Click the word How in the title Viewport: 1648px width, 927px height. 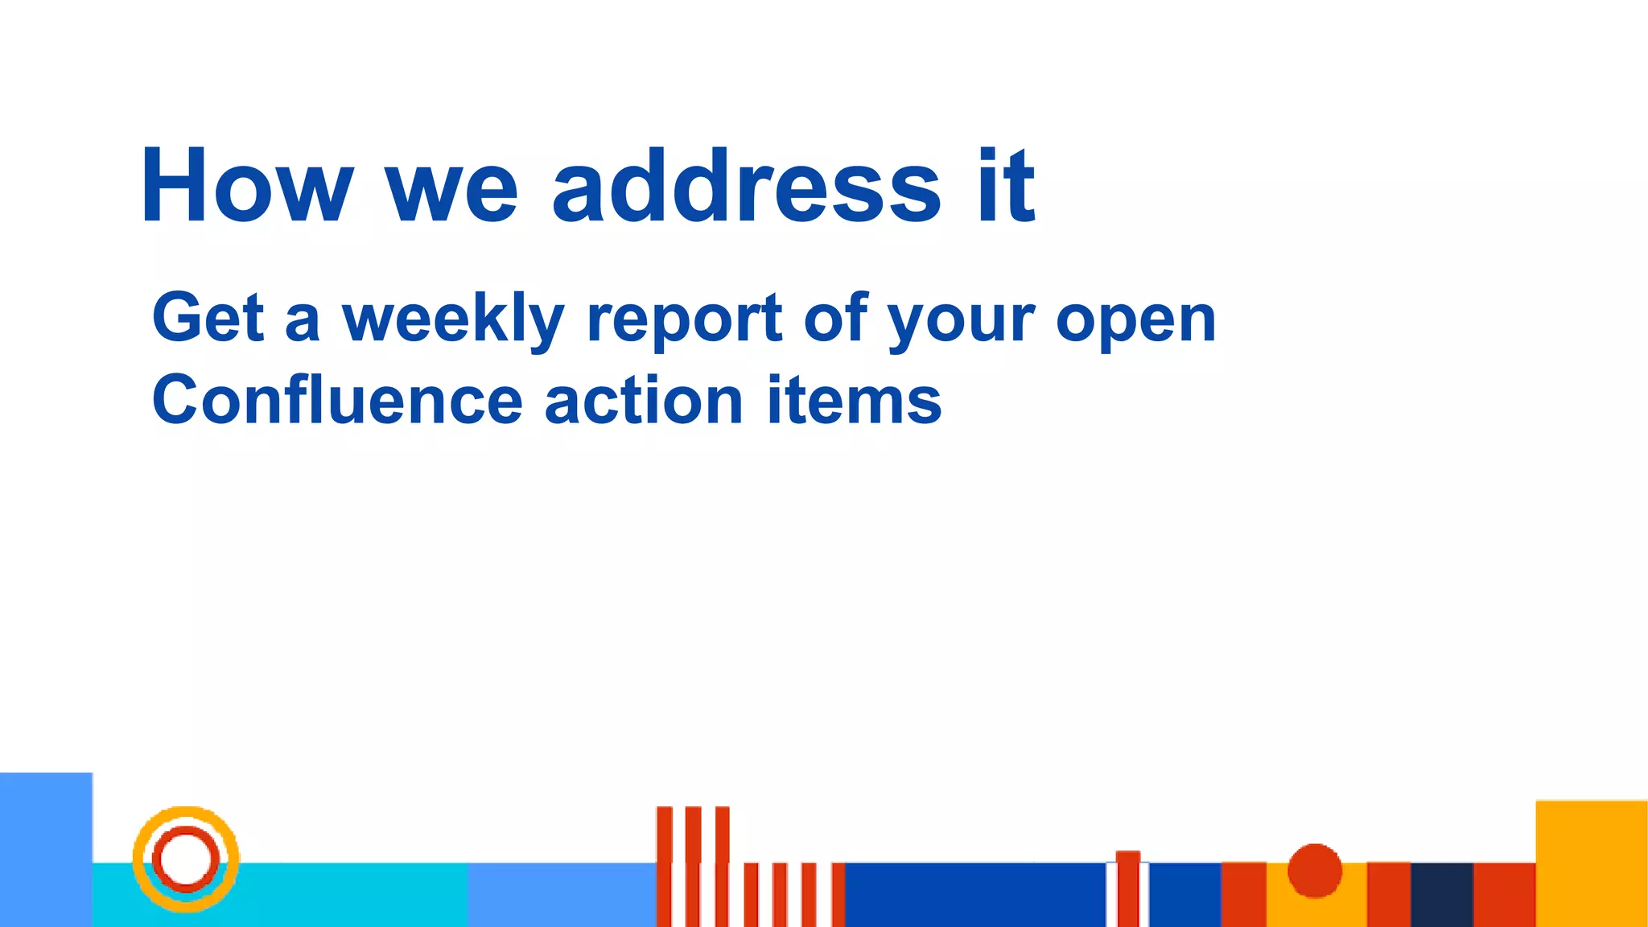click(246, 187)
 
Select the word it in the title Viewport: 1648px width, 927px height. click(1006, 187)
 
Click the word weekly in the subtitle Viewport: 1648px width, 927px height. click(454, 319)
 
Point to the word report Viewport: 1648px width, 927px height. click(685, 319)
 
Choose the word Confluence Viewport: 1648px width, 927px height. click(337, 400)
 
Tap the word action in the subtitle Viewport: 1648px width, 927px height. click(643, 400)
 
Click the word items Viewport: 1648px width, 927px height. click(854, 400)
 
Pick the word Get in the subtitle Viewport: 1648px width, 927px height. click(208, 318)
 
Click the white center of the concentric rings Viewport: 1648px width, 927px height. click(186, 859)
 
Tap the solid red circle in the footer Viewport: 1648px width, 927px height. click(1315, 870)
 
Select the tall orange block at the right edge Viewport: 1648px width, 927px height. click(1591, 863)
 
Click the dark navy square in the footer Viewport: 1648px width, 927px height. click(1442, 894)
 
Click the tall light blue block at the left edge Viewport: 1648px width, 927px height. click(46, 849)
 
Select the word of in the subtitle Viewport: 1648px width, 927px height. click(836, 318)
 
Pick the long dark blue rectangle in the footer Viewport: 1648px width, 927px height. click(974, 894)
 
